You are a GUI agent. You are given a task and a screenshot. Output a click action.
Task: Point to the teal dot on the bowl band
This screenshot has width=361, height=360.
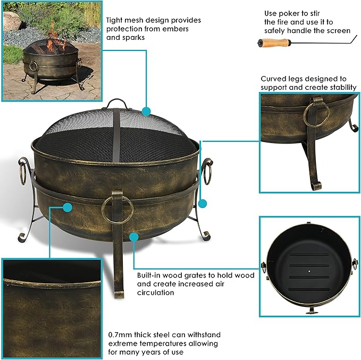tap(68, 206)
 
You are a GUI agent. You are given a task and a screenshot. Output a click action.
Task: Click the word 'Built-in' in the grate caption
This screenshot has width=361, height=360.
tap(150, 275)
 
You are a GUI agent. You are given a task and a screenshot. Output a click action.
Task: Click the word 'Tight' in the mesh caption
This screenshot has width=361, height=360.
tap(115, 20)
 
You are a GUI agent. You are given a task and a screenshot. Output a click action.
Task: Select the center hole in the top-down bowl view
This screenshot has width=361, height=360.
tap(309, 270)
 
